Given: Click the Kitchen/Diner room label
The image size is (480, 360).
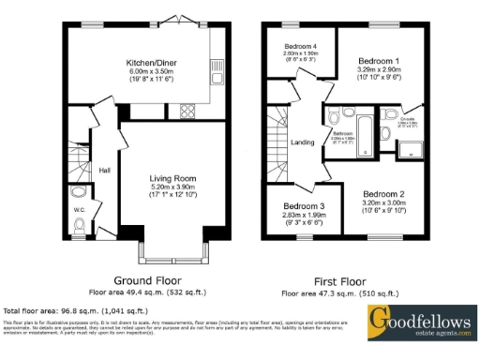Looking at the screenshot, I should pos(152,64).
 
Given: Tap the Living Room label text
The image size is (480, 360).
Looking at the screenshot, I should pos(172,176).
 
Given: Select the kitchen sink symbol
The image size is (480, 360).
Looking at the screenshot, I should pos(216,67).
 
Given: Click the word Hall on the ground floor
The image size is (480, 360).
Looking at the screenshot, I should pos(105,170).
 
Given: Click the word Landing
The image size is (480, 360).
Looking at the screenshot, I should pos(303,142).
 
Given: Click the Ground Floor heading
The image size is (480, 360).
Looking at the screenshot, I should pos(147,279).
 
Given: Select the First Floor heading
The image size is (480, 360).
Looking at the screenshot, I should pos(339,279).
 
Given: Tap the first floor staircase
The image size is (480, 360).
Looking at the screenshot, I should pos(277,141).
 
